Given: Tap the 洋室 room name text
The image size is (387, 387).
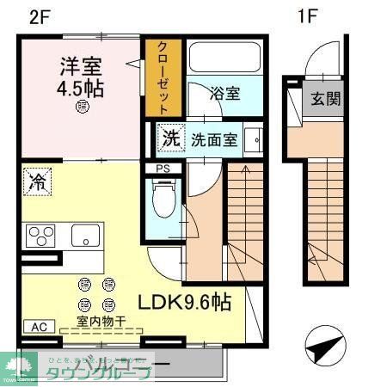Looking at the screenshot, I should [x=82, y=65].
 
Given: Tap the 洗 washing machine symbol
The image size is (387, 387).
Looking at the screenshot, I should [x=170, y=137].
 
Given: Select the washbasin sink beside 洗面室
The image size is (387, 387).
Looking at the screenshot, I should [x=253, y=139].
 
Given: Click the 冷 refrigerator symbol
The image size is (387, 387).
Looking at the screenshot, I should [x=38, y=180].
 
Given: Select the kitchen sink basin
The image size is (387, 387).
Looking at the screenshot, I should [x=85, y=234].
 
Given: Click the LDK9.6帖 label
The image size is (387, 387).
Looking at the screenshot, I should [x=185, y=303].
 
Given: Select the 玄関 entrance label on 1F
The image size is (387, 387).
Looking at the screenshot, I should [x=325, y=98].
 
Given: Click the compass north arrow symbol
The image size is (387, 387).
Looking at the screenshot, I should [x=323, y=348].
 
